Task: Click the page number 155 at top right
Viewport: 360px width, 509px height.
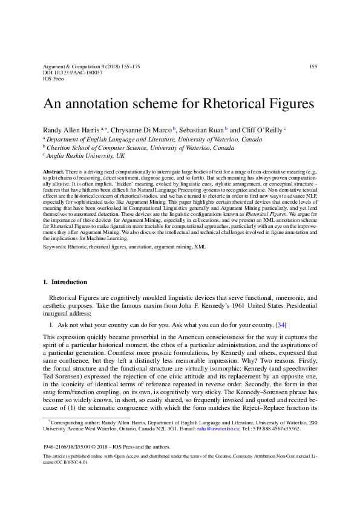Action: [x=313, y=66]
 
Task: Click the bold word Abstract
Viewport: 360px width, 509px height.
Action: [x=53, y=172]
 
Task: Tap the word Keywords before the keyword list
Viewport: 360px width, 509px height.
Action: [x=56, y=247]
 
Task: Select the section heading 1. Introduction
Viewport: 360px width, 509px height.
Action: [x=65, y=282]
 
